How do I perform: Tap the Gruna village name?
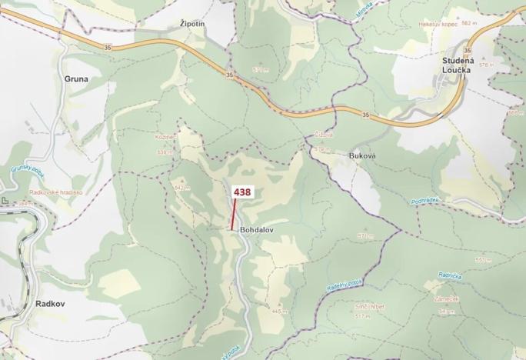(x=77, y=78)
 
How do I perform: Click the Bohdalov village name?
(x=257, y=229)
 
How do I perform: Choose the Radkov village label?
(x=51, y=304)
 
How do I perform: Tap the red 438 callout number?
(x=241, y=192)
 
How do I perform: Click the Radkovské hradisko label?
(x=55, y=192)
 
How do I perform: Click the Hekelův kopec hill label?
(x=439, y=25)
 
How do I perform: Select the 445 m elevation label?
(x=278, y=311)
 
